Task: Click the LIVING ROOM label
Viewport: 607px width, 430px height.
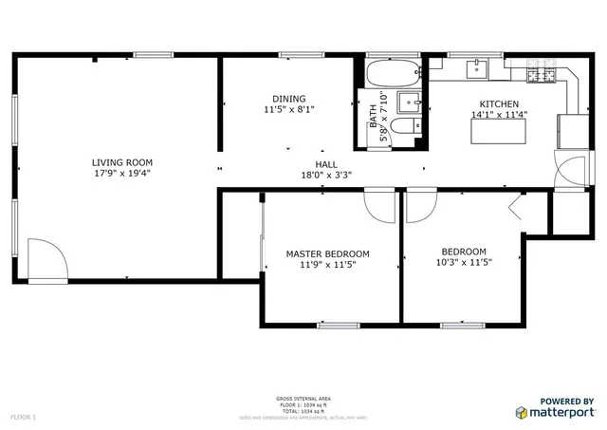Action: pyautogui.click(x=122, y=162)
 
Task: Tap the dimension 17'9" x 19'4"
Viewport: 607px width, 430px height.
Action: pyautogui.click(x=122, y=174)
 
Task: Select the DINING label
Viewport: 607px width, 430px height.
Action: pyautogui.click(x=289, y=99)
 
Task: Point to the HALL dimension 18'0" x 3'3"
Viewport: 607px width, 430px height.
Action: pyautogui.click(x=326, y=175)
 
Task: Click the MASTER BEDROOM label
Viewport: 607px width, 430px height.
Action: pyautogui.click(x=328, y=253)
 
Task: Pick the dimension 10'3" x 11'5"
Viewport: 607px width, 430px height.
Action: pyautogui.click(x=464, y=262)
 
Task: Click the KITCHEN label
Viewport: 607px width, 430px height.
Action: pyautogui.click(x=499, y=104)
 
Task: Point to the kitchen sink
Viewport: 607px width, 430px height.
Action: pyautogui.click(x=476, y=68)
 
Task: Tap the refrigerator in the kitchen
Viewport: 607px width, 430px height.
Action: pyautogui.click(x=573, y=130)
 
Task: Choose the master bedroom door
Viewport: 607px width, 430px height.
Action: pyautogui.click(x=379, y=205)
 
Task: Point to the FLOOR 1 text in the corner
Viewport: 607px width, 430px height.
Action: pyautogui.click(x=23, y=417)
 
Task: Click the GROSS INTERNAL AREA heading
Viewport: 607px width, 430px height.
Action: pyautogui.click(x=303, y=399)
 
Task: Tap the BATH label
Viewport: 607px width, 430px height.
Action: pyautogui.click(x=373, y=112)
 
